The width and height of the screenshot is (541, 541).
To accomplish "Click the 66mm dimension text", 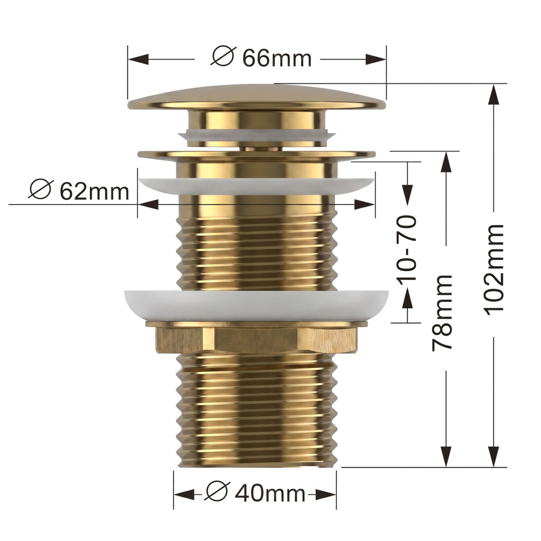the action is point(277,58).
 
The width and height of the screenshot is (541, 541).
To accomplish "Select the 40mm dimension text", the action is point(270,494).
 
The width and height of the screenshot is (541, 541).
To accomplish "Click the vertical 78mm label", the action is point(442,313).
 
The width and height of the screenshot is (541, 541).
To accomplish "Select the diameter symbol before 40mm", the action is point(217,491).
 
